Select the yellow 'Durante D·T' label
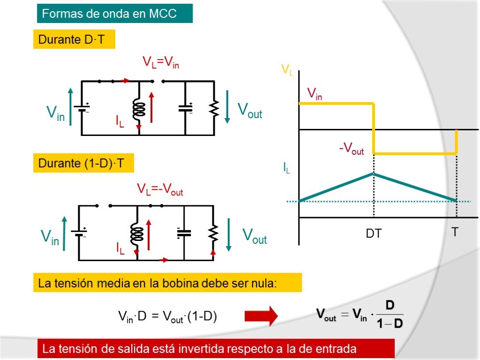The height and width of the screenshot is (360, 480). (x=74, y=40)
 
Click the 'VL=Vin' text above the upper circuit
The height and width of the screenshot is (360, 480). (x=161, y=62)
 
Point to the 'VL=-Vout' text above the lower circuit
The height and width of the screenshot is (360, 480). (x=160, y=189)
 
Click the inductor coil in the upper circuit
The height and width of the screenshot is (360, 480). (x=139, y=109)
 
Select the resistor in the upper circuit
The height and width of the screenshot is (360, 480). (x=214, y=109)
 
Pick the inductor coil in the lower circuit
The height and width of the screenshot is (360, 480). (x=136, y=233)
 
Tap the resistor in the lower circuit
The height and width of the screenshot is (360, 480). (x=213, y=233)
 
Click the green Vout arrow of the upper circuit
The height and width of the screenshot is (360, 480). (x=227, y=106)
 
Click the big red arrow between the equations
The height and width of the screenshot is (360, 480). (x=261, y=316)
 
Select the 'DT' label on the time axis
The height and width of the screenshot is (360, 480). (x=374, y=233)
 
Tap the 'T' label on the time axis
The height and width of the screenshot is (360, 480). (x=455, y=232)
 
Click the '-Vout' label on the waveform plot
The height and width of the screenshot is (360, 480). (x=352, y=149)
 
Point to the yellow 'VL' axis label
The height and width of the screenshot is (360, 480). (x=287, y=71)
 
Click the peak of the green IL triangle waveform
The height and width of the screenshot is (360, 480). (x=374, y=173)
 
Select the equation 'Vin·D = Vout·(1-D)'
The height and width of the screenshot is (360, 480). (x=167, y=317)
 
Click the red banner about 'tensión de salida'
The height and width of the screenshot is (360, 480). (x=216, y=349)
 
